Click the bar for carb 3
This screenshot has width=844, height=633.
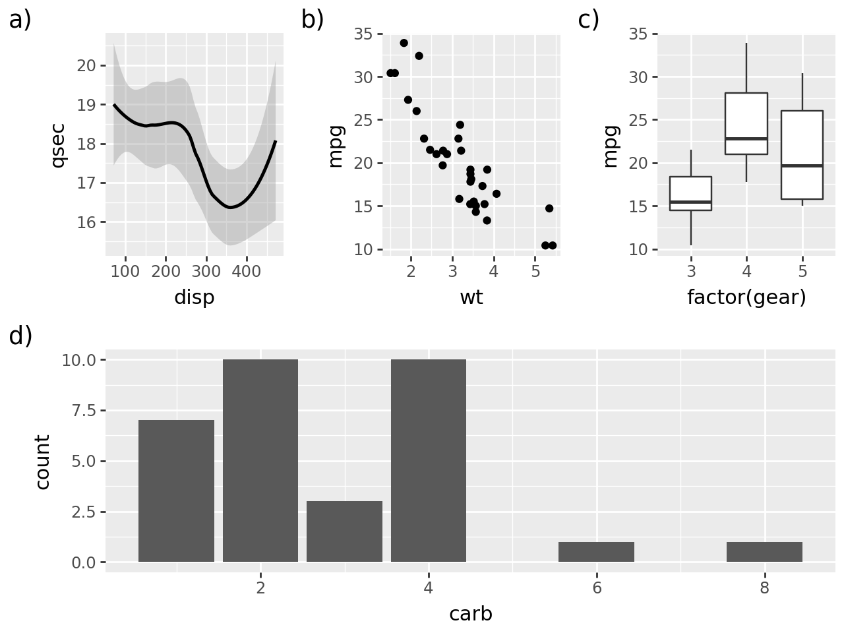(344, 531)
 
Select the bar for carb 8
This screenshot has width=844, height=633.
(764, 552)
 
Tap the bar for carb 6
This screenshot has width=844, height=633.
(596, 552)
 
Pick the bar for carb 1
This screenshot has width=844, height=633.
(176, 491)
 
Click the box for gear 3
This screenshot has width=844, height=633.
(690, 193)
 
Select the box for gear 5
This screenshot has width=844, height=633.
(802, 155)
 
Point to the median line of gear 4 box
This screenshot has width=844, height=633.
(746, 138)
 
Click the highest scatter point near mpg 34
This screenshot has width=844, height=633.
(404, 43)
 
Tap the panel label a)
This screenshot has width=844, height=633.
(20, 20)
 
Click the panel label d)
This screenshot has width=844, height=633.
(20, 336)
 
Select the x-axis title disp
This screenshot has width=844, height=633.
(195, 298)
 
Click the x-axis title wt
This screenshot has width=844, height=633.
(471, 298)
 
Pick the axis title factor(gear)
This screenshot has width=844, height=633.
(746, 298)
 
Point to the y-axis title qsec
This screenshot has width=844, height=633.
(58, 145)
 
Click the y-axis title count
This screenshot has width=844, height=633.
(42, 462)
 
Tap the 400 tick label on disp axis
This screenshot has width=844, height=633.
(247, 272)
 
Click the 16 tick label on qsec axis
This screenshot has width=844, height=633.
(86, 222)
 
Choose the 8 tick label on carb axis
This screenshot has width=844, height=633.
(764, 588)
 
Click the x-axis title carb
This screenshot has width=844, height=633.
(471, 615)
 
